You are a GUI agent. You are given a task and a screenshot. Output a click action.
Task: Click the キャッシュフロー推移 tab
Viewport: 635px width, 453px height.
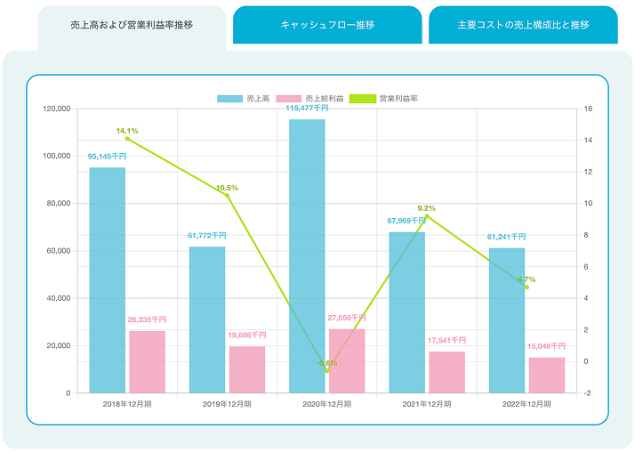coord(326,25)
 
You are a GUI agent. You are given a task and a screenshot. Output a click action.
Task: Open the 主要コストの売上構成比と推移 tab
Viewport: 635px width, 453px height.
coord(523,25)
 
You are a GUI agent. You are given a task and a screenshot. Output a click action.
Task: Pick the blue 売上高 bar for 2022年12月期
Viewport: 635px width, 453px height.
coord(507,320)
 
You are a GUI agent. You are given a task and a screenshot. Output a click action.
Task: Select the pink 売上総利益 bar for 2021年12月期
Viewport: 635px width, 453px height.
coord(446,372)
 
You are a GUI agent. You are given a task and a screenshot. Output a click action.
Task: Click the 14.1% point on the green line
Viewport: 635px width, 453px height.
coord(127,139)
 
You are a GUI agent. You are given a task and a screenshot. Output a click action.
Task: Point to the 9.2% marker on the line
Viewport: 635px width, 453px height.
coord(427,216)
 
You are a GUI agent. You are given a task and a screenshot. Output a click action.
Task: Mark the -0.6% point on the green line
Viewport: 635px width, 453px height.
coord(326,370)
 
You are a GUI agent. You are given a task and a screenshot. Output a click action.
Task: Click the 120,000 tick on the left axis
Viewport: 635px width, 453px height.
coord(56,109)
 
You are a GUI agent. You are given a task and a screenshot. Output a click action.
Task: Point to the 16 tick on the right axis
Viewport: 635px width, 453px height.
coord(589,109)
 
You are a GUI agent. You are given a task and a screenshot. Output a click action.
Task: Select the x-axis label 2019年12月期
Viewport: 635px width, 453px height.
coord(227,405)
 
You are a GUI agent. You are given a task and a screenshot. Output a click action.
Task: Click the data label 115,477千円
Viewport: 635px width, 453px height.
coord(307,108)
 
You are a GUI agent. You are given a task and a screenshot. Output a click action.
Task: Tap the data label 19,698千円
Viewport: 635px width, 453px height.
coord(247,336)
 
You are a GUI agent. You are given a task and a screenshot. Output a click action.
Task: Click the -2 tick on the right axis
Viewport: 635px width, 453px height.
coord(589,392)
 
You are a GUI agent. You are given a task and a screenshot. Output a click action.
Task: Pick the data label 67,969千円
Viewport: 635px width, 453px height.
coord(406,221)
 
